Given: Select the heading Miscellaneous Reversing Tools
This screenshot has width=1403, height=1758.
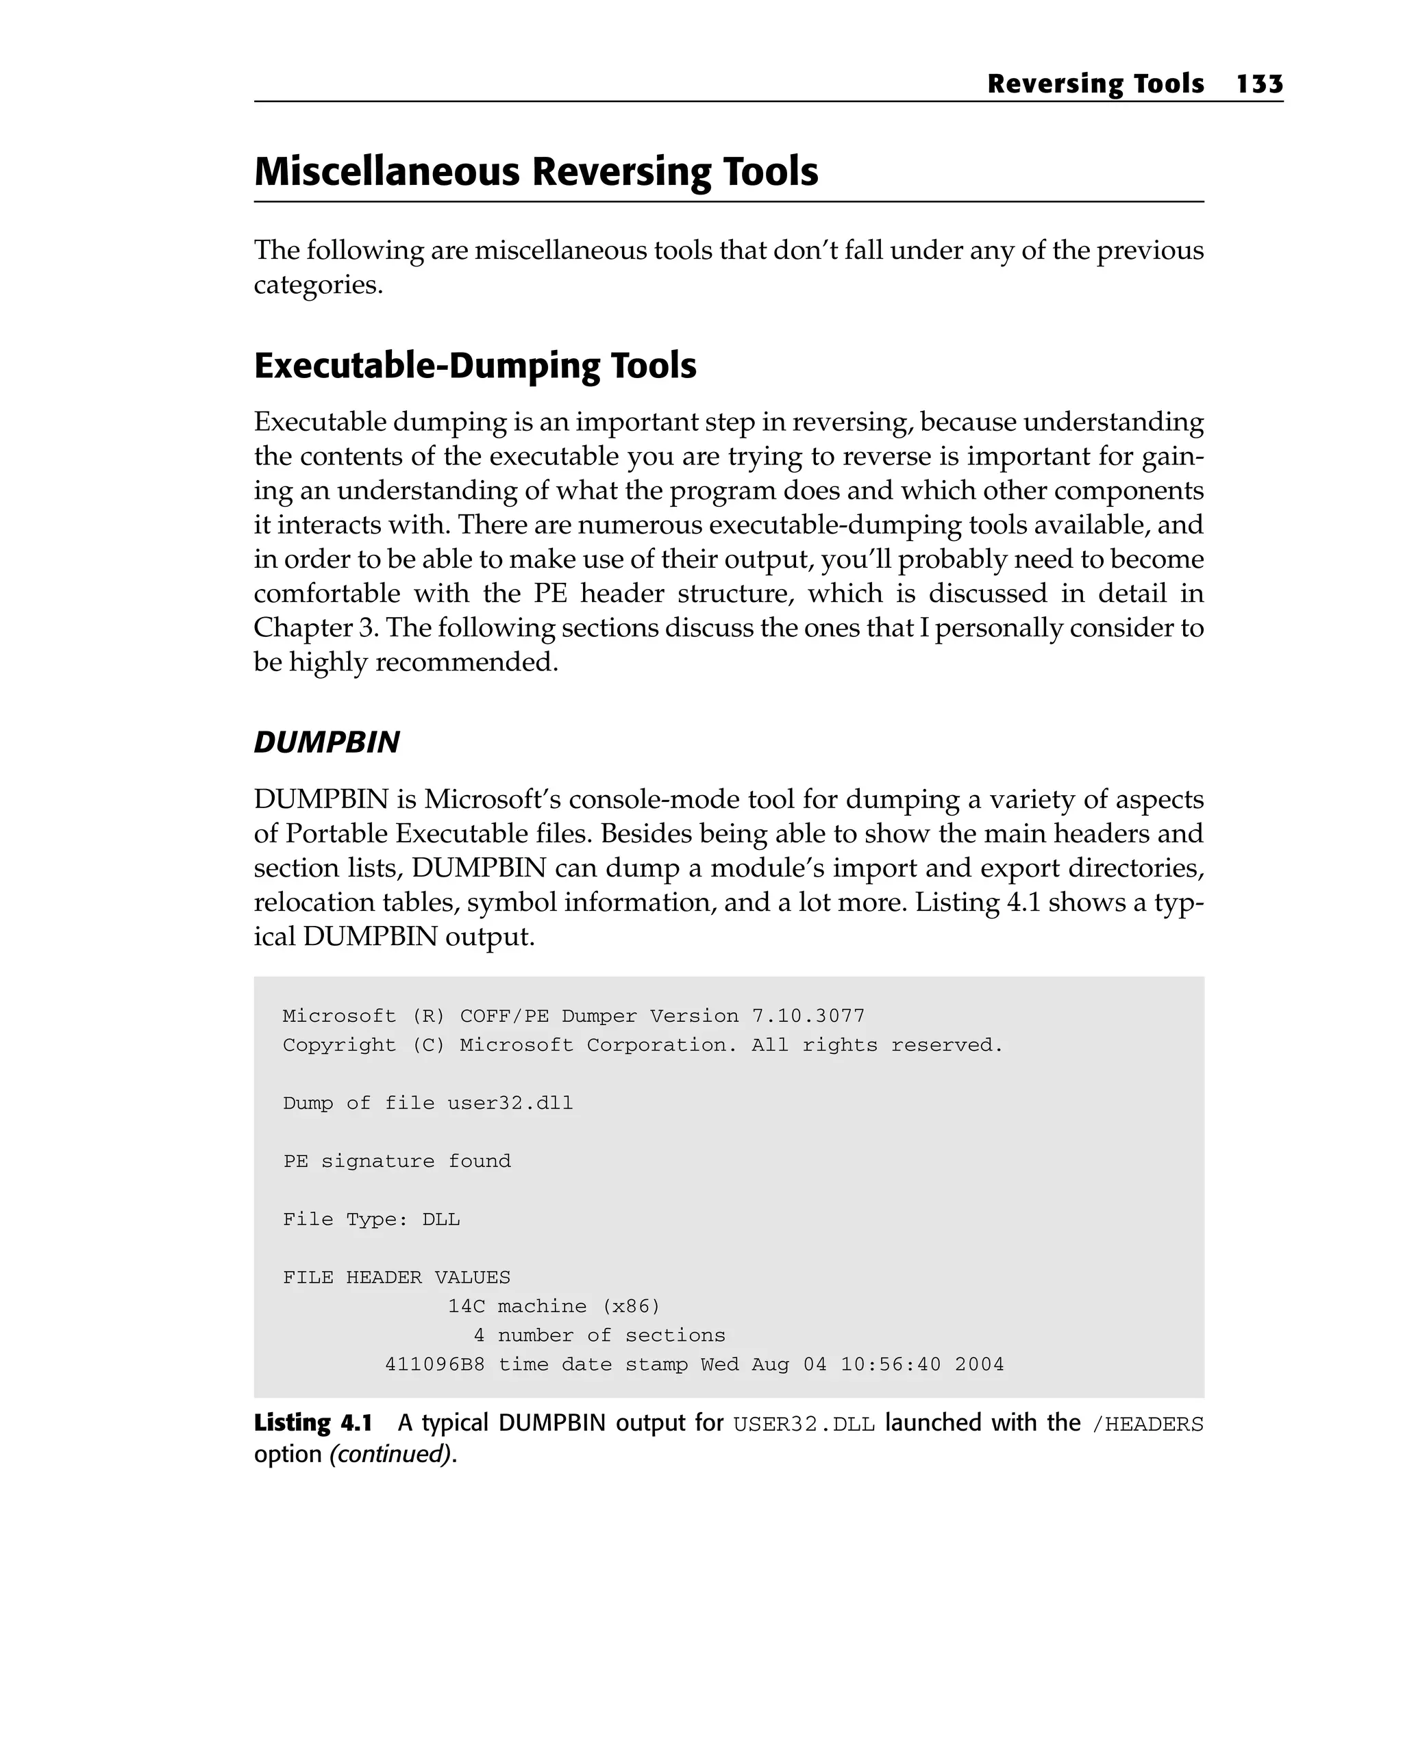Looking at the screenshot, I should [536, 171].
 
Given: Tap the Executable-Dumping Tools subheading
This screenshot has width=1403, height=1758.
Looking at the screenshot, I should [475, 365].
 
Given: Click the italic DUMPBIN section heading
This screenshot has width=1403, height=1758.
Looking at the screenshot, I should [326, 742].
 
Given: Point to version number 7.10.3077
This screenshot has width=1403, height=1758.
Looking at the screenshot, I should [808, 1016].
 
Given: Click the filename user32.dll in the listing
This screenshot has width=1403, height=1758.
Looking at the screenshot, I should [510, 1103].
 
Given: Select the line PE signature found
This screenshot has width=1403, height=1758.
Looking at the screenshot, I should [397, 1161].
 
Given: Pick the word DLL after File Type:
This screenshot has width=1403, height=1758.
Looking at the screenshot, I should [440, 1219].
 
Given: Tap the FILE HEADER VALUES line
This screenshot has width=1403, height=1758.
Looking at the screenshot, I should [397, 1277].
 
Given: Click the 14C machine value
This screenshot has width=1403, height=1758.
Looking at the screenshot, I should [466, 1306].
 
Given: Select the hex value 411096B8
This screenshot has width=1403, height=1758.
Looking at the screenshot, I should [435, 1364].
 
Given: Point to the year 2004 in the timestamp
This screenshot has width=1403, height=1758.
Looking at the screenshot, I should [979, 1364].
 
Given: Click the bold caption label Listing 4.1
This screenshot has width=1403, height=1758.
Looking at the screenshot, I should [312, 1423].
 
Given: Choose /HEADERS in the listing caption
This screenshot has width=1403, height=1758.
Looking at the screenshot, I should [1147, 1424].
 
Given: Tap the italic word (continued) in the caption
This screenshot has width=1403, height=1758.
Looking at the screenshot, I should [390, 1454].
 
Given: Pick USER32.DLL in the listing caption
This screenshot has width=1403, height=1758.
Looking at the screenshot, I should [804, 1424].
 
